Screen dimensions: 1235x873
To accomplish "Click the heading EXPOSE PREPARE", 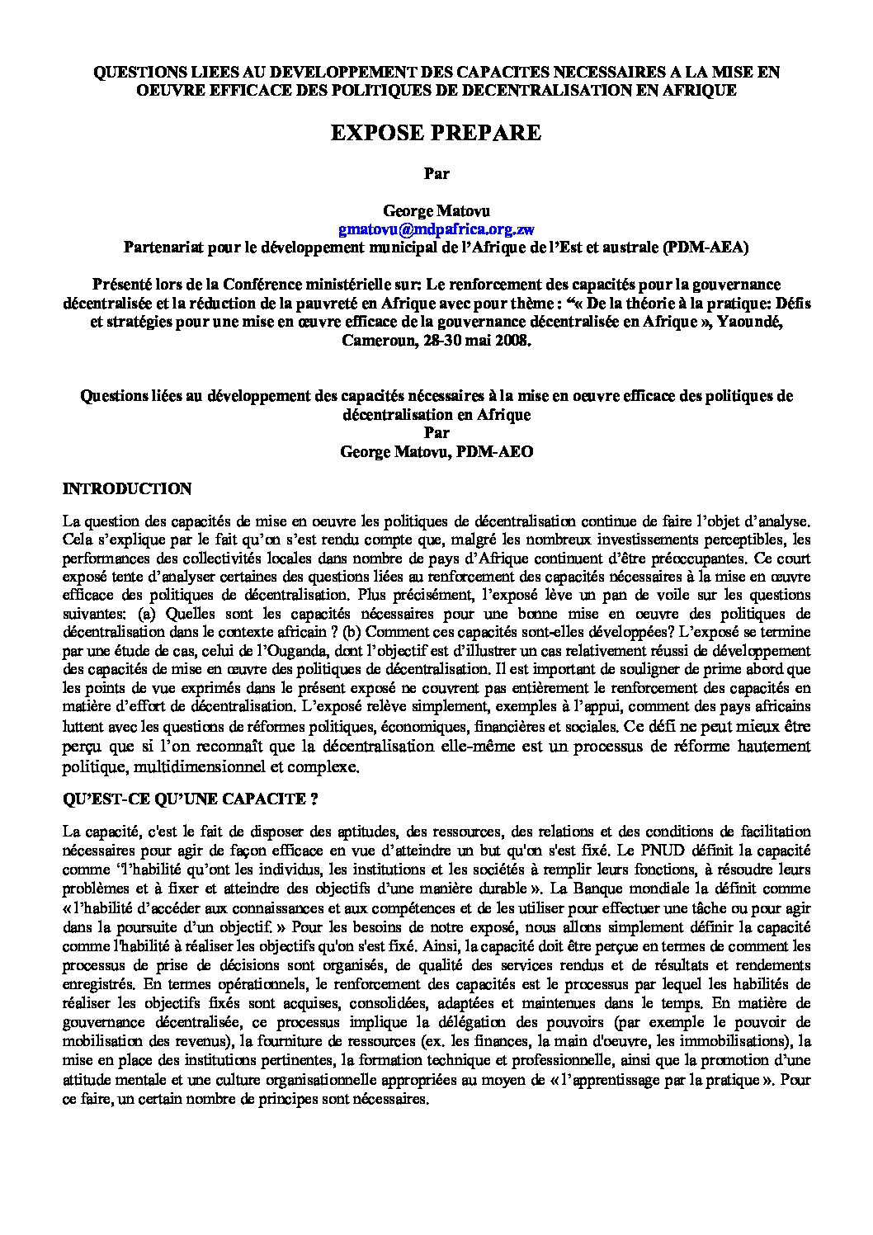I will click(x=436, y=133).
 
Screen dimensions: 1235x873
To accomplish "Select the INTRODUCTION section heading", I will click(x=127, y=488).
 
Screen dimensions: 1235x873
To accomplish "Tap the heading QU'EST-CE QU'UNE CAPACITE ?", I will click(x=191, y=799).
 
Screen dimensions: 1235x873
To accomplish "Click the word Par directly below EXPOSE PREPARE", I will click(x=436, y=174).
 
